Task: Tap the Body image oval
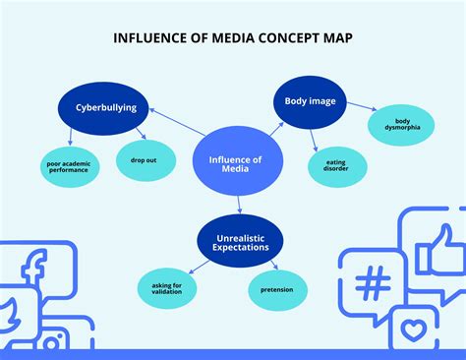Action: [308, 101]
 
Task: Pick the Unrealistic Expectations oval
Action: [241, 241]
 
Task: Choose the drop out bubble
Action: [146, 159]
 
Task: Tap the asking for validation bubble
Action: [166, 288]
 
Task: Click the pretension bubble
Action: [276, 290]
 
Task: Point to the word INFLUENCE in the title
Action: [151, 38]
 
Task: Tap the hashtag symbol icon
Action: [371, 285]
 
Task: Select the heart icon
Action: [412, 328]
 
